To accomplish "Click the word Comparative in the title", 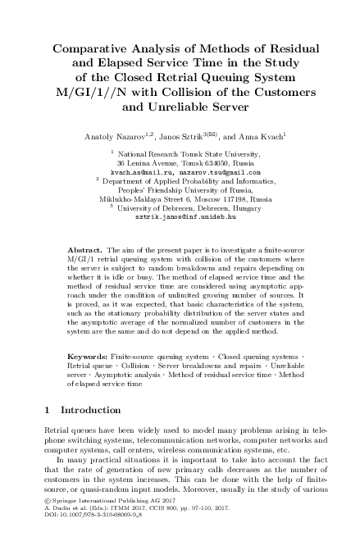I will pos(92,48).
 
